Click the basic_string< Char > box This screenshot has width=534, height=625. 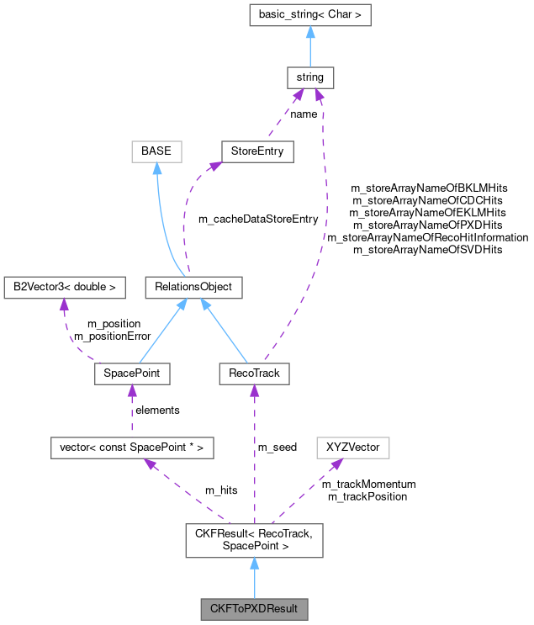click(x=310, y=14)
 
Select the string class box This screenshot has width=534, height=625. click(x=310, y=77)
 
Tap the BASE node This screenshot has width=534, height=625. click(x=156, y=151)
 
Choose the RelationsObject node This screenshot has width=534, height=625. click(x=193, y=287)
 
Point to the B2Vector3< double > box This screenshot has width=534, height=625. click(x=64, y=287)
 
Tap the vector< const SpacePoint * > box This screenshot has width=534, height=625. click(x=131, y=448)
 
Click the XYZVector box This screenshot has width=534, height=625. click(x=353, y=448)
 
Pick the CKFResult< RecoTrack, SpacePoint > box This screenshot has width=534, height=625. click(x=254, y=539)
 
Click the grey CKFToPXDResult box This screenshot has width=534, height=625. click(x=254, y=607)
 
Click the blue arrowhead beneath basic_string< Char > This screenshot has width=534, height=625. click(x=310, y=32)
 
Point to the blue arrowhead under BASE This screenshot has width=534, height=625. click(x=157, y=169)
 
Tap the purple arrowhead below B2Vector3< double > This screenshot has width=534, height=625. click(x=64, y=305)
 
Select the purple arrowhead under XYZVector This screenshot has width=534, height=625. click(x=335, y=464)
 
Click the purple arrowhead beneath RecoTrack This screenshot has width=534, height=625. click(x=254, y=392)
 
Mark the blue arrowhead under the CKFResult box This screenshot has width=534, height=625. click(x=254, y=564)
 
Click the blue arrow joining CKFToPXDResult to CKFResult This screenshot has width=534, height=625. click(x=254, y=580)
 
